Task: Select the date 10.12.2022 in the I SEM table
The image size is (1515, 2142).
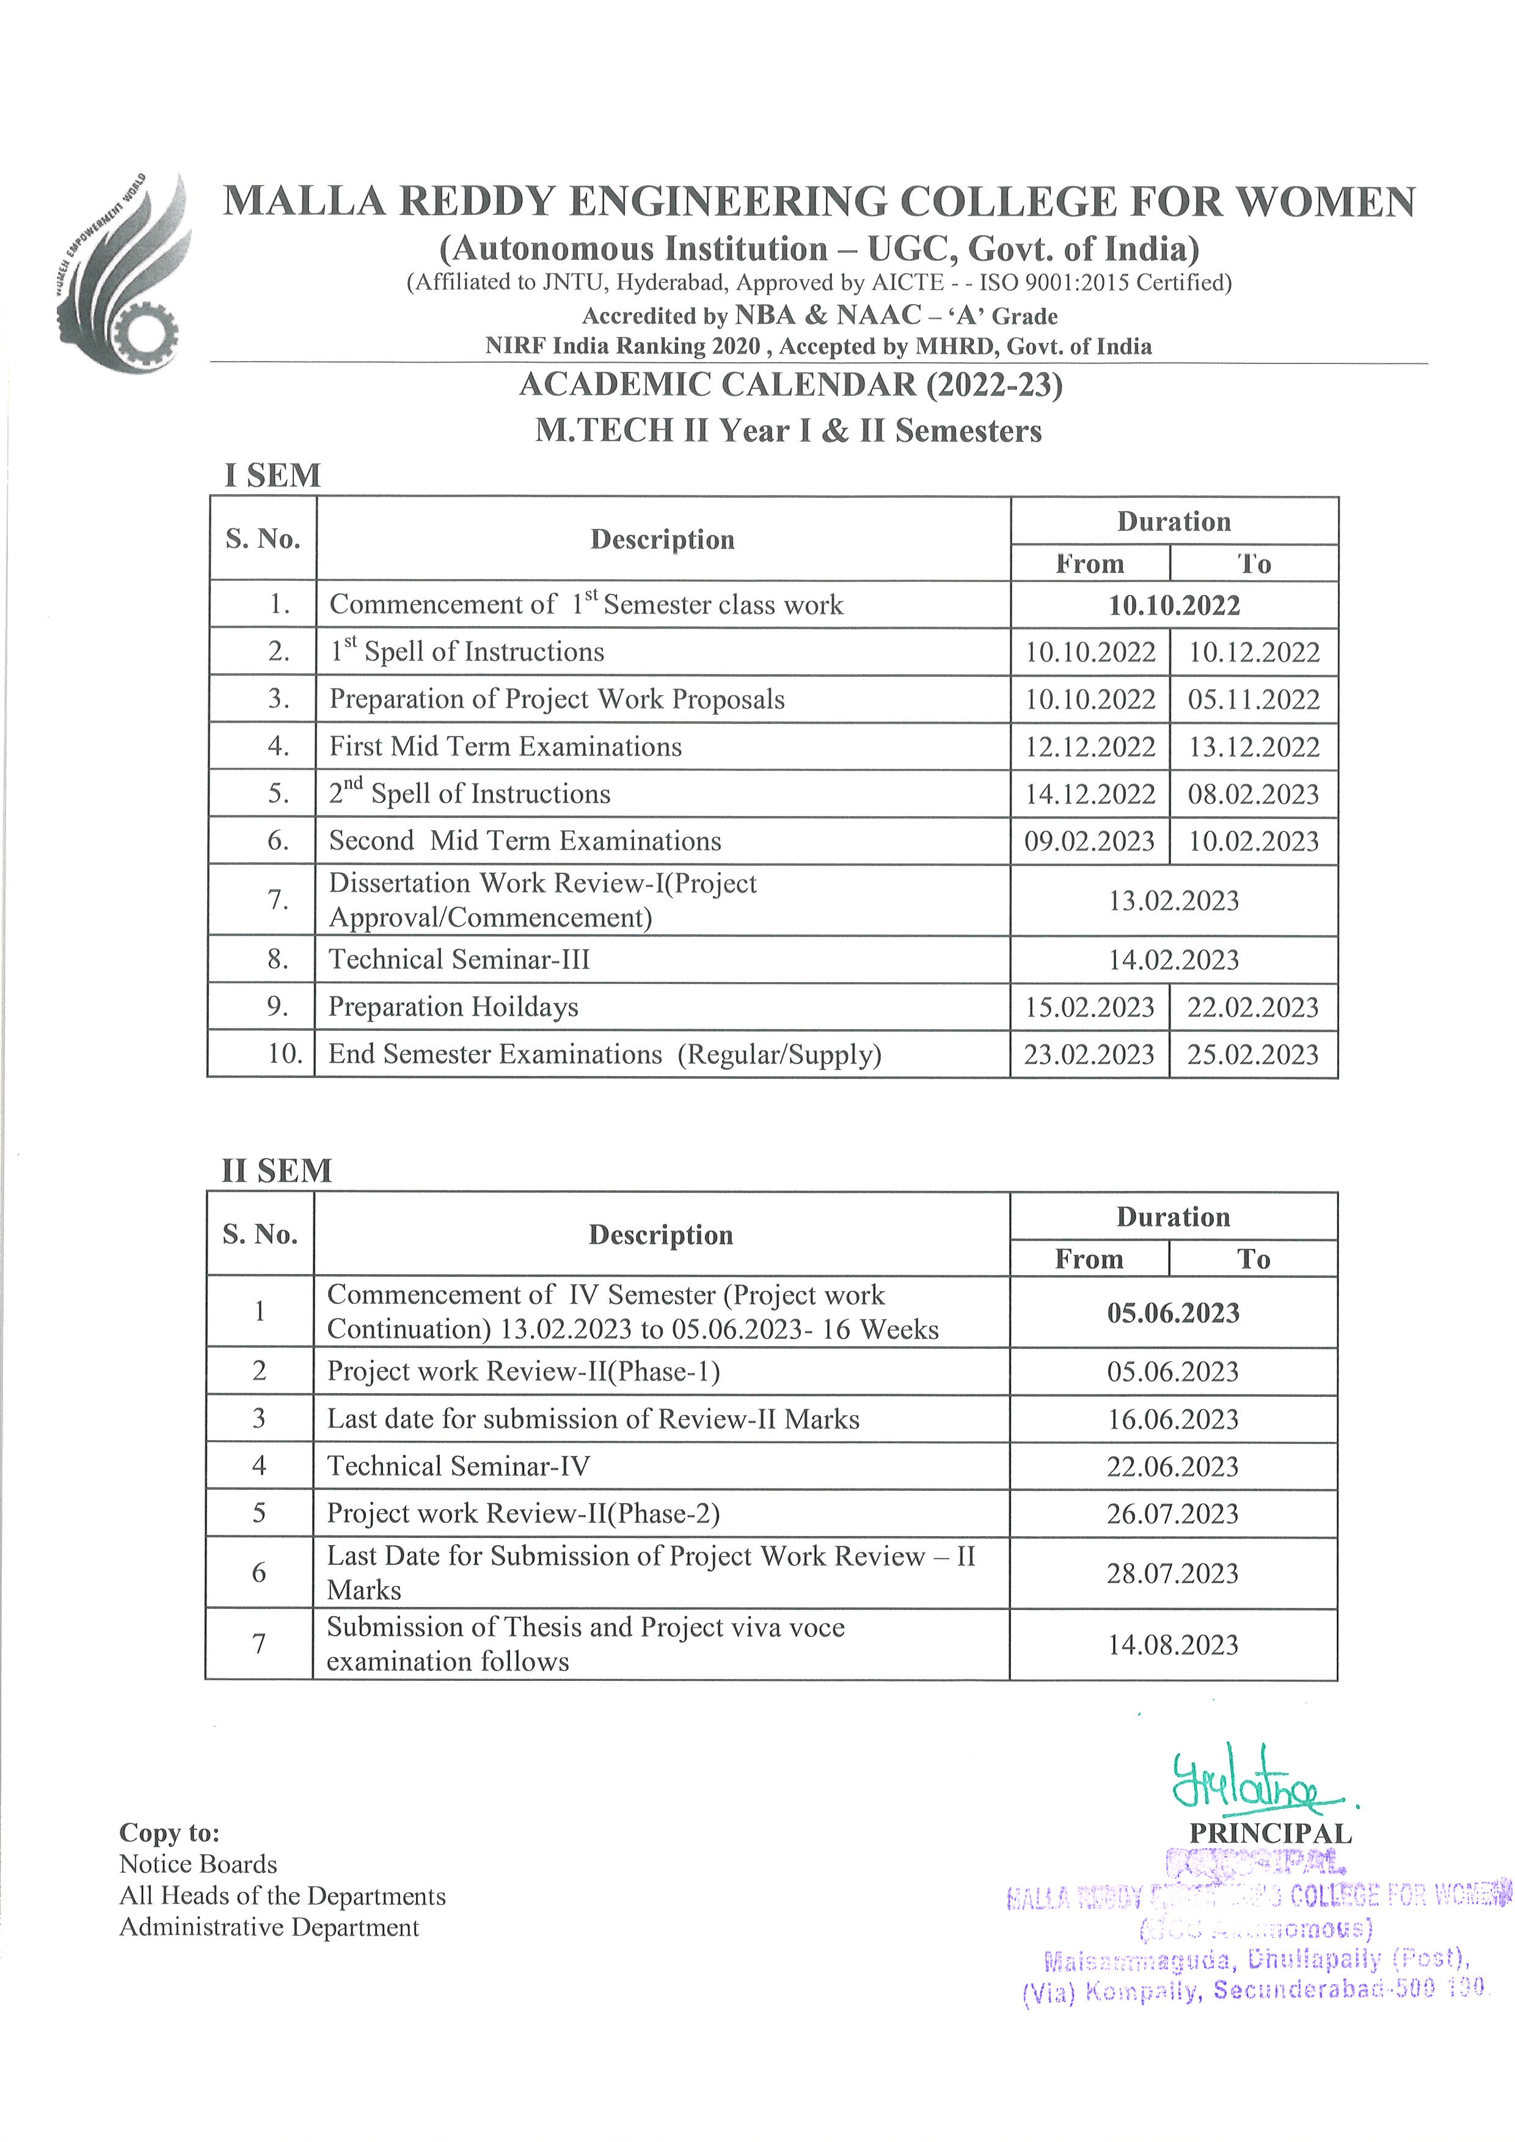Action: [1254, 652]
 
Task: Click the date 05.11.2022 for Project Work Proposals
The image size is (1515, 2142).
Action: [1254, 700]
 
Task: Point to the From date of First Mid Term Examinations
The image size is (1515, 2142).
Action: [1090, 746]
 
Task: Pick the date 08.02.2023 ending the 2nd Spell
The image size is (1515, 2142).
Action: [1254, 794]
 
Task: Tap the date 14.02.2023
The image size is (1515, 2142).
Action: [1174, 960]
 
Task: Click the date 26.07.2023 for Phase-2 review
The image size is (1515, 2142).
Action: [1173, 1514]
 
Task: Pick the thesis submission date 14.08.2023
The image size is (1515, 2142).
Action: [1173, 1645]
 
